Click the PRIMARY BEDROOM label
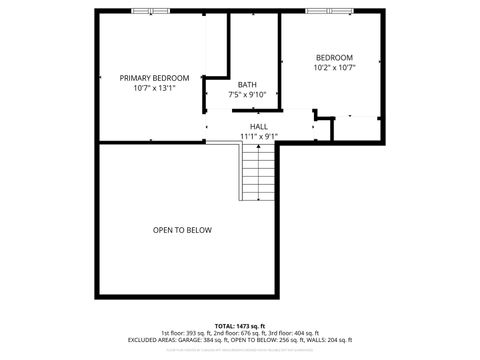tap(154, 77)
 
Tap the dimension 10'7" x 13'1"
tap(154, 88)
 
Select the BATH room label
tap(246, 84)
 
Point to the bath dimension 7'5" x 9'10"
tap(246, 95)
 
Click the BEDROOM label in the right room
tap(334, 57)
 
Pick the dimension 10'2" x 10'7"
tap(334, 68)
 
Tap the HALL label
tap(259, 126)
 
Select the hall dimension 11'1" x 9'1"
tap(259, 136)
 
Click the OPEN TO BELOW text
tap(182, 230)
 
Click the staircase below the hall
tap(258, 172)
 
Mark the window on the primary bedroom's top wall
tap(151, 11)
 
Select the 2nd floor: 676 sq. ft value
tap(241, 333)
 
